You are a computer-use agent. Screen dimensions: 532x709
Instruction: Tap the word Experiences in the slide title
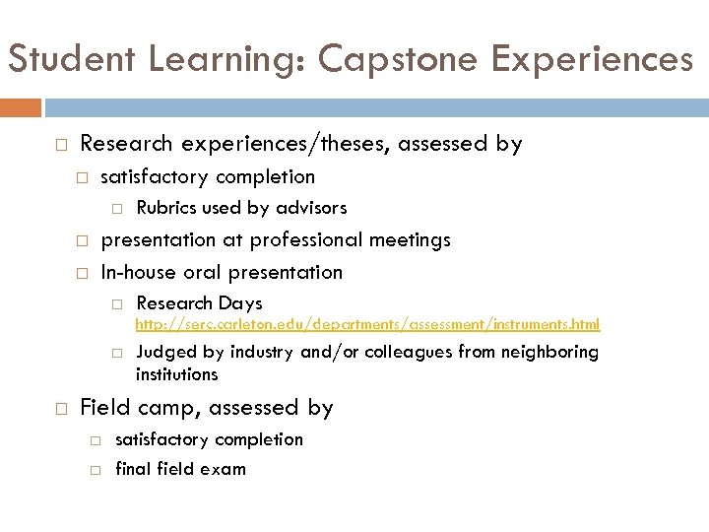point(594,60)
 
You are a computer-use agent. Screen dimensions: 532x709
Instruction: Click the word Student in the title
point(71,60)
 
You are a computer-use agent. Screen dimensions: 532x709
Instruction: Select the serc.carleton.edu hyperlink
point(367,324)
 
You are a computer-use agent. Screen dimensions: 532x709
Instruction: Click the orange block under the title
point(21,106)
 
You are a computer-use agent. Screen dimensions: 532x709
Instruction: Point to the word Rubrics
point(165,208)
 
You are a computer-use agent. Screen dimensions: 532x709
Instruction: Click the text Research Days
point(199,303)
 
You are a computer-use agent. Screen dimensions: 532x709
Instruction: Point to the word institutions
point(177,374)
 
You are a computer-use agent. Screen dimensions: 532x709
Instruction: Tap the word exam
point(225,469)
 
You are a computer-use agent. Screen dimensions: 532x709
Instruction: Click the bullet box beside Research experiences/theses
point(60,145)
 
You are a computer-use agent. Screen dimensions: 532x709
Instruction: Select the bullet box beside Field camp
point(60,408)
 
